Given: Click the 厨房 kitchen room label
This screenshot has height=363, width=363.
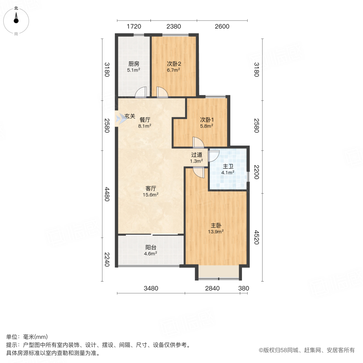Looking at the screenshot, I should click(134, 64).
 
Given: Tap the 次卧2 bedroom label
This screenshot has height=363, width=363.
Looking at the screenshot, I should click(174, 64).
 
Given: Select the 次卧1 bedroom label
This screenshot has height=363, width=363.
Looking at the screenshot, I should click(207, 120).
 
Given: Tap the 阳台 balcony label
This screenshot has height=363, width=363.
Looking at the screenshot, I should click(151, 248).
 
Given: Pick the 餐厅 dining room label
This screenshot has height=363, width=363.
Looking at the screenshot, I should click(145, 120).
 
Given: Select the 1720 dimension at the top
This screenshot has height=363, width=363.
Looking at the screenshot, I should click(134, 27).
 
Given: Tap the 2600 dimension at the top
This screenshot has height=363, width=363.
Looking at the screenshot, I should click(222, 27).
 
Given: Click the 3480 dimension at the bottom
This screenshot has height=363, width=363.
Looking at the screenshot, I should click(151, 288).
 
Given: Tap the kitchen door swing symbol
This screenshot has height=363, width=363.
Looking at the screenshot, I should click(141, 93).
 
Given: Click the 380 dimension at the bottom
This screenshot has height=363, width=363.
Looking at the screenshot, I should click(244, 288).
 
